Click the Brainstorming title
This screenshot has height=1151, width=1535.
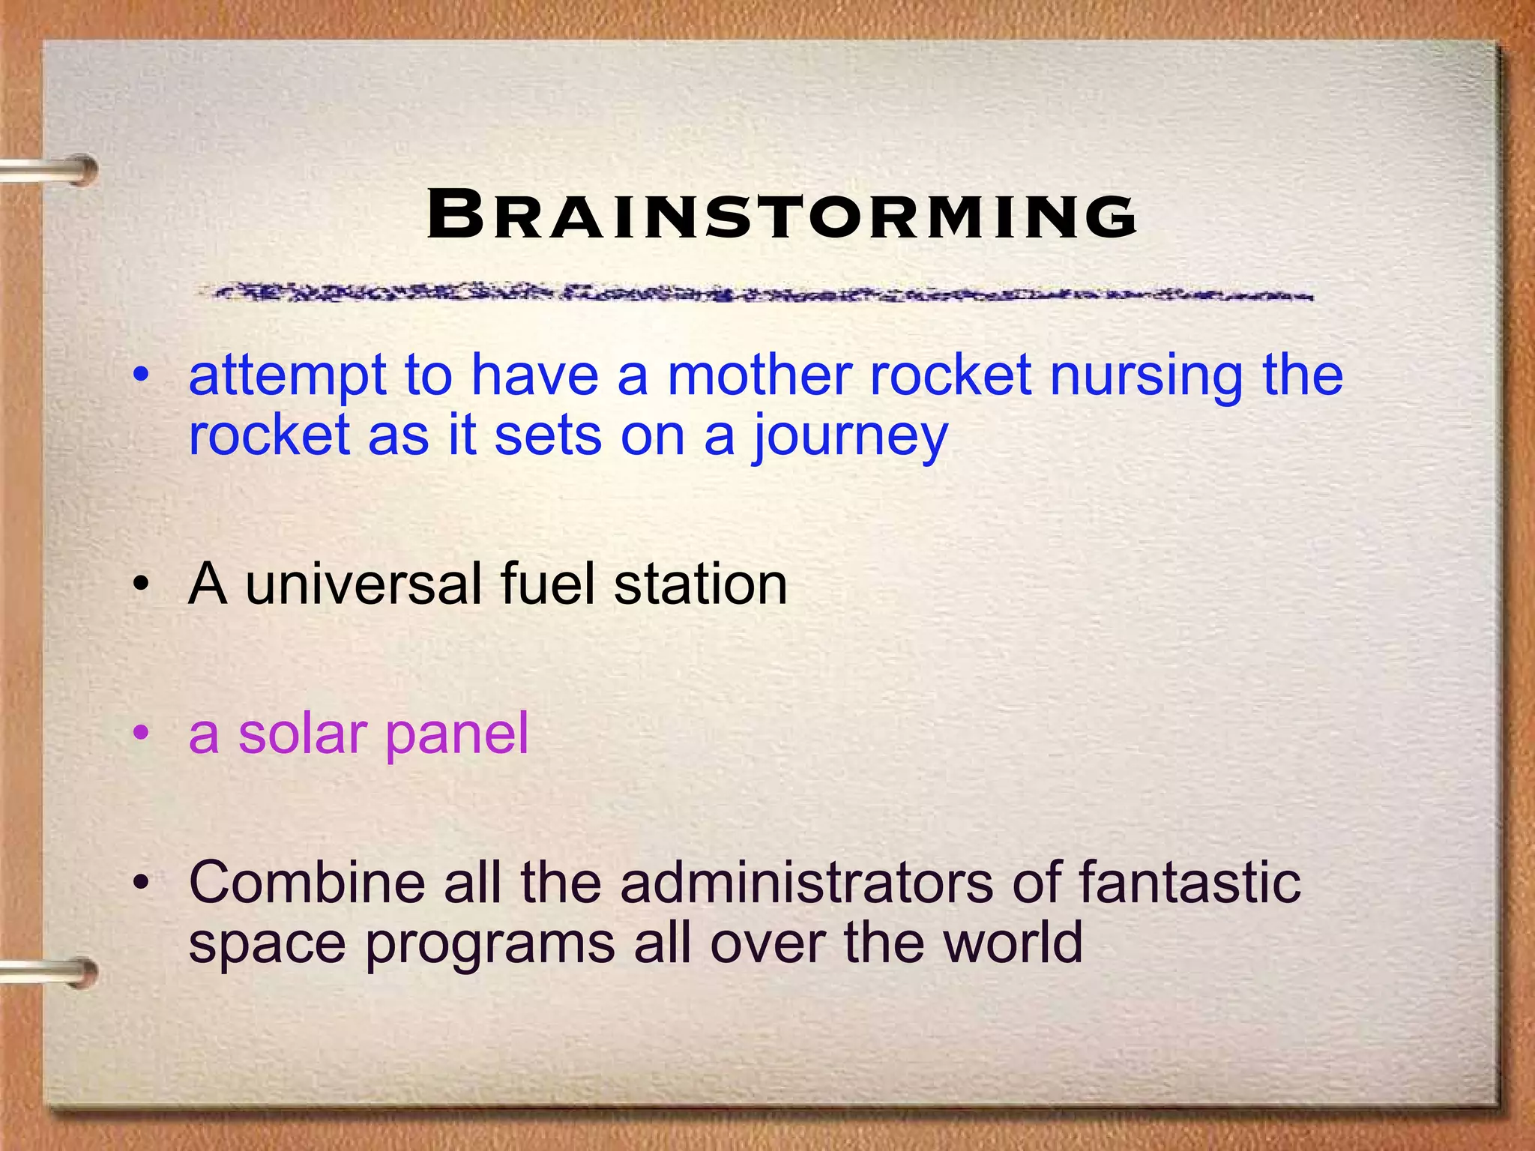click(x=782, y=216)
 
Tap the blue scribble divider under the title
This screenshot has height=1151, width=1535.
click(x=753, y=293)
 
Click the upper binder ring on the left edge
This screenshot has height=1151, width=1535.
click(x=52, y=171)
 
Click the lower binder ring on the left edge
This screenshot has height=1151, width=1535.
click(x=52, y=973)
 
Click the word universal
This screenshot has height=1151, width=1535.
click(x=364, y=584)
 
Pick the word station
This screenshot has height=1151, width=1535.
click(x=700, y=584)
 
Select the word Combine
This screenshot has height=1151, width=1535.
click(x=307, y=883)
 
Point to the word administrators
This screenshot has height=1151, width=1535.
click(x=806, y=883)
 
